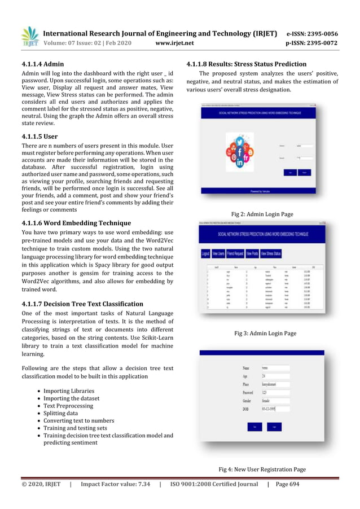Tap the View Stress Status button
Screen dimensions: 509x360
coord(271,254)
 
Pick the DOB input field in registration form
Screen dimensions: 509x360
coord(275,409)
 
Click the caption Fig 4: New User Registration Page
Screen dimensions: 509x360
coord(262,469)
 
